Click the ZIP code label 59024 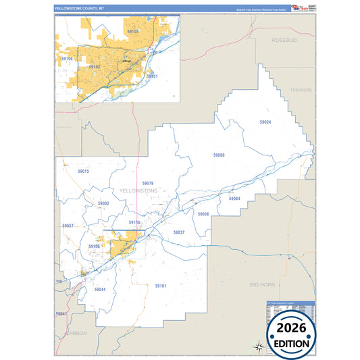pyautogui.click(x=265, y=122)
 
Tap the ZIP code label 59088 pyautogui.click(x=219, y=155)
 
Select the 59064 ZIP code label pyautogui.click(x=234, y=199)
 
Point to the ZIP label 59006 pyautogui.click(x=203, y=213)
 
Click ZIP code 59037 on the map pyautogui.click(x=179, y=232)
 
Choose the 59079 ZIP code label pyautogui.click(x=148, y=183)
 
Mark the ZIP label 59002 pyautogui.click(x=103, y=203)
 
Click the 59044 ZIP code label pyautogui.click(x=100, y=289)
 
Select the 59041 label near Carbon pyautogui.click(x=61, y=314)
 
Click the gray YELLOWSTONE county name pyautogui.click(x=138, y=191)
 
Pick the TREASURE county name pyautogui.click(x=302, y=89)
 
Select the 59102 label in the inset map pyautogui.click(x=95, y=67)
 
